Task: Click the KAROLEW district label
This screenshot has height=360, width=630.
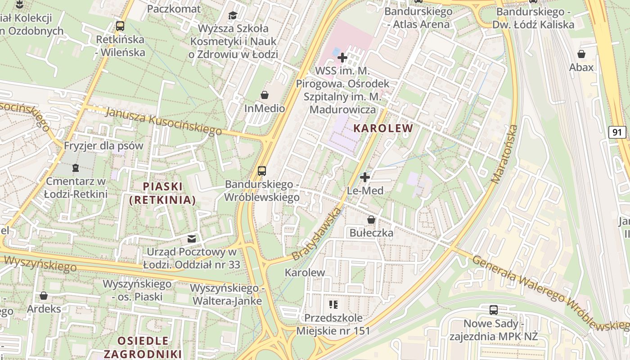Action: [x=383, y=128]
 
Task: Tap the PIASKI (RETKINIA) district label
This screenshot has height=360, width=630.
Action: [x=162, y=193]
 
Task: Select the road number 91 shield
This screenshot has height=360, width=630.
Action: [x=618, y=132]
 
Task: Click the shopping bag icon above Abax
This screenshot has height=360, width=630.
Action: [x=581, y=54]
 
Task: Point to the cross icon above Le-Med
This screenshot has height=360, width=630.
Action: [x=365, y=177]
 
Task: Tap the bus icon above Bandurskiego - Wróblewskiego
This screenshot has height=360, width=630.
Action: [x=262, y=171]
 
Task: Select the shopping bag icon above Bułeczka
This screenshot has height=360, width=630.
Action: [x=371, y=220]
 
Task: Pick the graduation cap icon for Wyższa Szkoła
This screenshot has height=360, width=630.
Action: [x=233, y=16]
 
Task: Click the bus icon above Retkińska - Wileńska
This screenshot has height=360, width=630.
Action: [x=120, y=26]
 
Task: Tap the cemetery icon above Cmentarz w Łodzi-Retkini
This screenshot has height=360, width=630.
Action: [x=75, y=168]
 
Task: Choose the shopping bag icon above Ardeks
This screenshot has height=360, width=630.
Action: [x=44, y=296]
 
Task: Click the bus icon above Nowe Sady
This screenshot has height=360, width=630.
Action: [x=494, y=310]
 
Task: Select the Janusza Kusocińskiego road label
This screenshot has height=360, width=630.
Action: [x=164, y=121]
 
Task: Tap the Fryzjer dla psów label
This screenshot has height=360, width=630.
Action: [x=103, y=146]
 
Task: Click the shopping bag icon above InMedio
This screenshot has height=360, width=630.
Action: [x=265, y=95]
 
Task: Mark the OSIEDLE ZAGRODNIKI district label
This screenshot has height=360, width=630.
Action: [x=143, y=347]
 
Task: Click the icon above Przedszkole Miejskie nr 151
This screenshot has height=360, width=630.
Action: [x=333, y=305]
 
